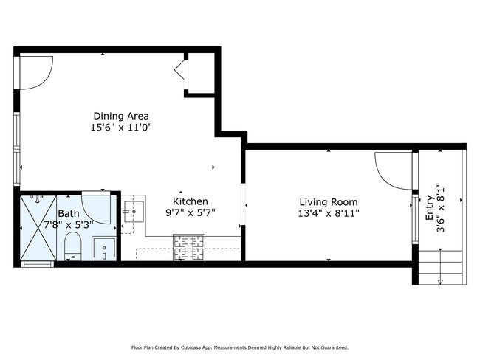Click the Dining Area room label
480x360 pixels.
(121, 117)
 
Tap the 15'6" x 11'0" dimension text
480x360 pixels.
(121, 127)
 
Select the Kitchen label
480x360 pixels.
(190, 201)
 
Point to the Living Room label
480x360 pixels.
(329, 202)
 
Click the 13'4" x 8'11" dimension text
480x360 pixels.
(329, 213)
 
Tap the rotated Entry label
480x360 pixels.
(430, 208)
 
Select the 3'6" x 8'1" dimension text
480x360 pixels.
(440, 208)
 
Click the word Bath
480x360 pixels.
(69, 213)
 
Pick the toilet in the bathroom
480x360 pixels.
(73, 246)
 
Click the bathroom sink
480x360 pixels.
(104, 249)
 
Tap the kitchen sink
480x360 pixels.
(134, 211)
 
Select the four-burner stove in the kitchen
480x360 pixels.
(189, 247)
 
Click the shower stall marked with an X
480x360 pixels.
(38, 228)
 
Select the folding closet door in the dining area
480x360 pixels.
(180, 70)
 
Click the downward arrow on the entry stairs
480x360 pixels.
(440, 267)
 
